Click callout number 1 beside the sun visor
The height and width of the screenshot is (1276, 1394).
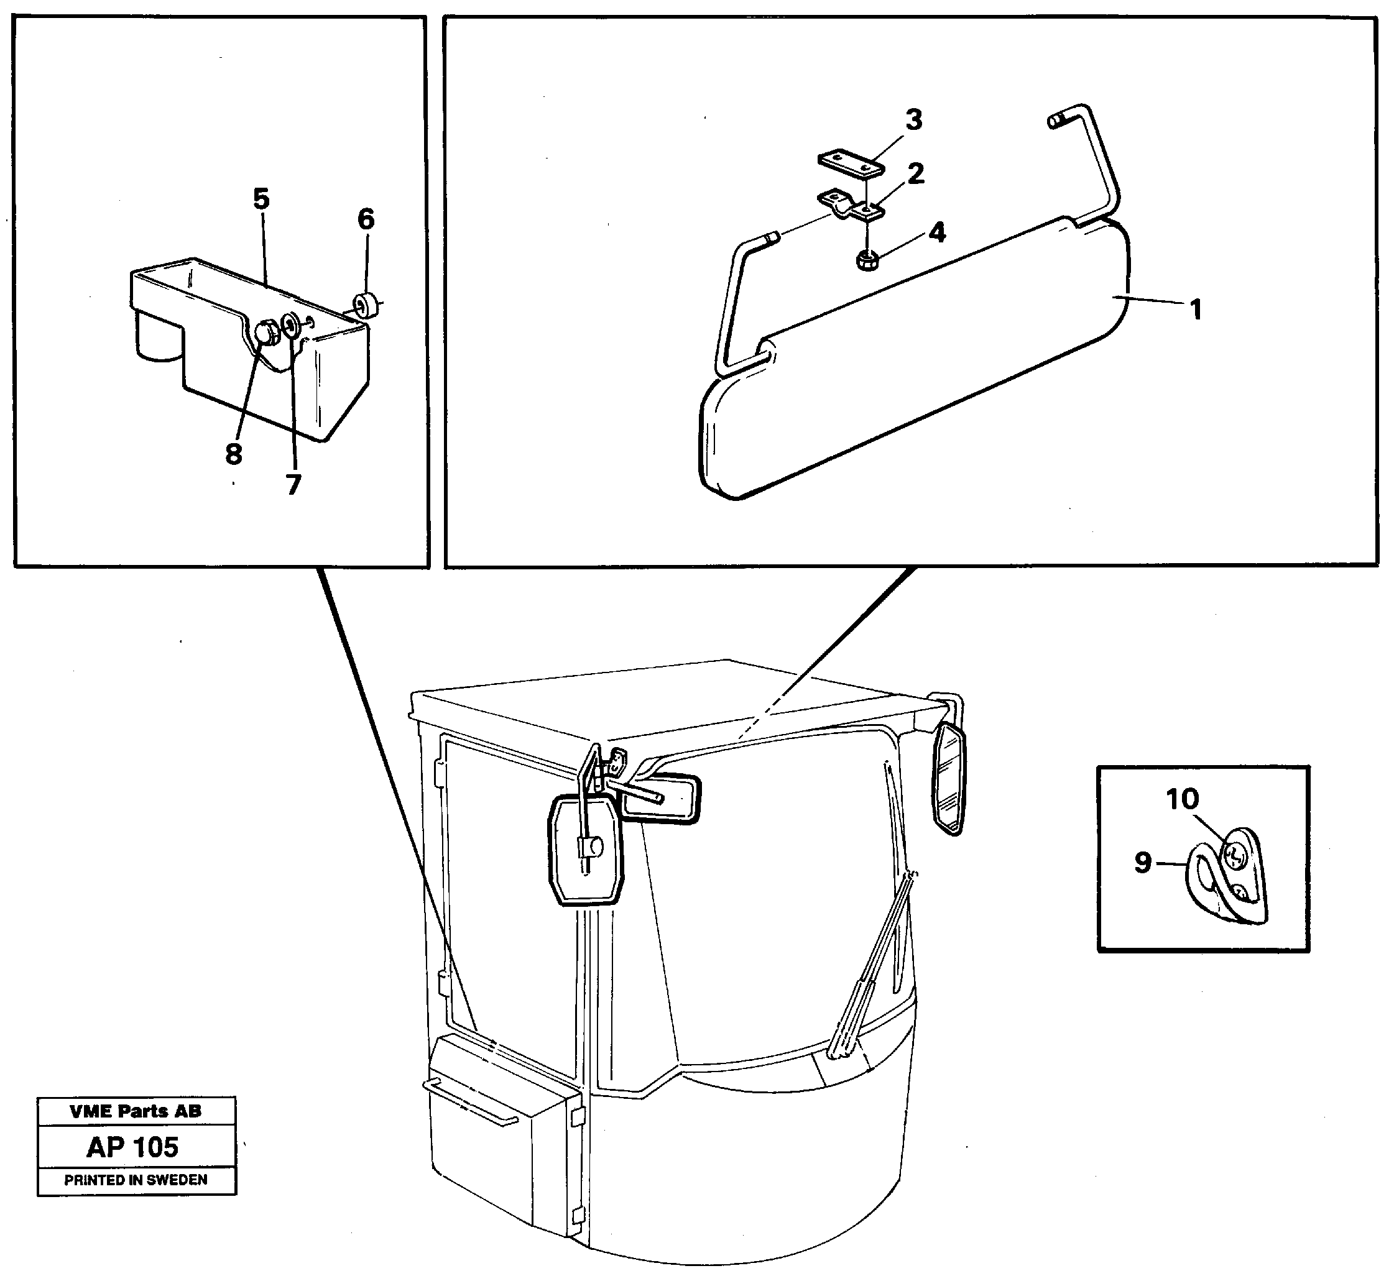point(1196,308)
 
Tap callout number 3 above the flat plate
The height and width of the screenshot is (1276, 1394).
point(913,121)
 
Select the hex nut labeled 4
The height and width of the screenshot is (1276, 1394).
point(865,260)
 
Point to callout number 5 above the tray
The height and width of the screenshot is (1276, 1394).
point(261,199)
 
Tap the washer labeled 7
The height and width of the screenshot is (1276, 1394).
point(290,323)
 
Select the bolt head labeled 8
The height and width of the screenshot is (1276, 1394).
point(267,333)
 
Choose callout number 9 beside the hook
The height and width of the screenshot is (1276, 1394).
point(1142,862)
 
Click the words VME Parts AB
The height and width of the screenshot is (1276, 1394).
point(136,1111)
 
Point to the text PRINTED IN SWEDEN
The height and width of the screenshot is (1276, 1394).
point(136,1180)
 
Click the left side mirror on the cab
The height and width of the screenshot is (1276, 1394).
point(585,850)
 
